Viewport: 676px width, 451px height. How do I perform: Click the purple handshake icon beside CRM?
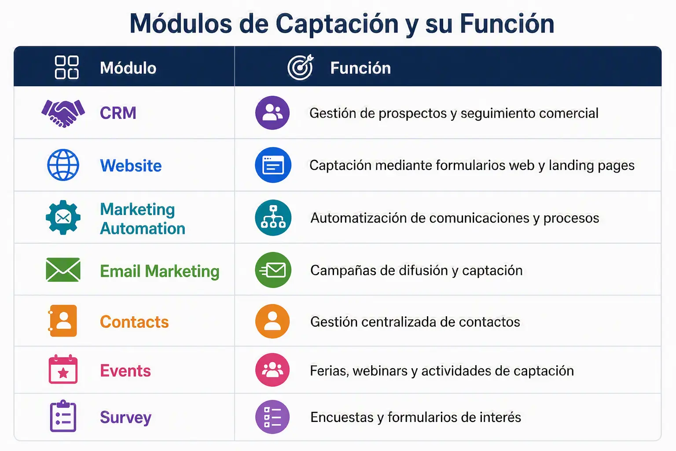(63, 113)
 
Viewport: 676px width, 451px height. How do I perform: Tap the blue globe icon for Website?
(63, 165)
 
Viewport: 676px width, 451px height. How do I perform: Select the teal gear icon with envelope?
(63, 218)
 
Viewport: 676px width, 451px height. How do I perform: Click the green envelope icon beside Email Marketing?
(63, 270)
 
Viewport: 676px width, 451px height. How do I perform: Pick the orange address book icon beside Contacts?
(62, 321)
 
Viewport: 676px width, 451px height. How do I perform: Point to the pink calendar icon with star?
(63, 369)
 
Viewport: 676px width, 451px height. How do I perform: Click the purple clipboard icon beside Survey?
(63, 416)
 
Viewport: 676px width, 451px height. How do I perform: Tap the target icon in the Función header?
(301, 67)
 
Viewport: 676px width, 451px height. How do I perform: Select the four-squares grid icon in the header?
(67, 67)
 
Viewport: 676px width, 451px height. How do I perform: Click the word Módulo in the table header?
(128, 68)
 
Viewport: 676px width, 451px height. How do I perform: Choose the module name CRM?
(118, 113)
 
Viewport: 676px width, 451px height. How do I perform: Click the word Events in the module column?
(125, 371)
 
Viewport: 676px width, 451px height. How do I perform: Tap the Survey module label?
(125, 418)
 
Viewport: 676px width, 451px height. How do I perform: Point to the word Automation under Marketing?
(143, 229)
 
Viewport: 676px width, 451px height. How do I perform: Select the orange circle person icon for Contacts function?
(272, 321)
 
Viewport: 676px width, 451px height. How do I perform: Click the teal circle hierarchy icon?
(273, 218)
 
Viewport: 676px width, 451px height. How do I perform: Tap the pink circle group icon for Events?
(272, 370)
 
